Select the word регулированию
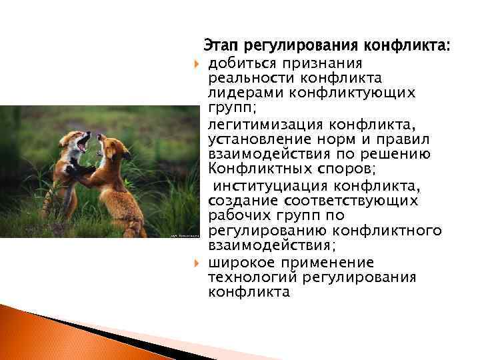pyautogui.click(x=270, y=231)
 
